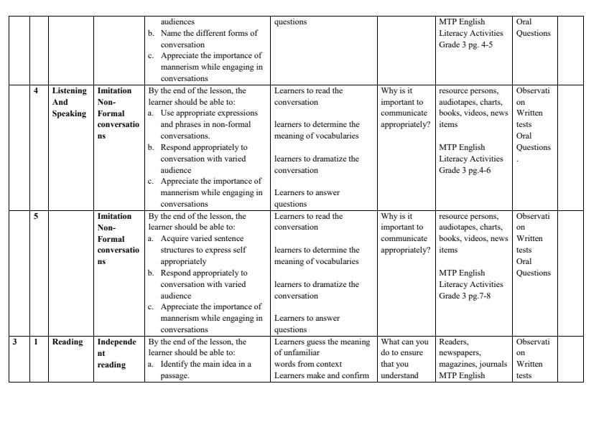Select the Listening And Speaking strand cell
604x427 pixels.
click(69, 102)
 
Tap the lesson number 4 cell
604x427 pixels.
click(36, 91)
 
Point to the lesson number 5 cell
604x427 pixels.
click(36, 217)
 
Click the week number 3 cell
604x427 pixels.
click(15, 342)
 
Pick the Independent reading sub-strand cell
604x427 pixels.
click(115, 353)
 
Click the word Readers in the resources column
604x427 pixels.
click(453, 342)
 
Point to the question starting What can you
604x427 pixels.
click(404, 342)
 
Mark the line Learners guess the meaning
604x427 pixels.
click(322, 342)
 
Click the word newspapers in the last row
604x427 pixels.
click(459, 353)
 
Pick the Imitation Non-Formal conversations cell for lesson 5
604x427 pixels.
click(115, 238)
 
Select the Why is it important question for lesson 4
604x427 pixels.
click(405, 108)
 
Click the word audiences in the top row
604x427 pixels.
click(177, 22)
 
